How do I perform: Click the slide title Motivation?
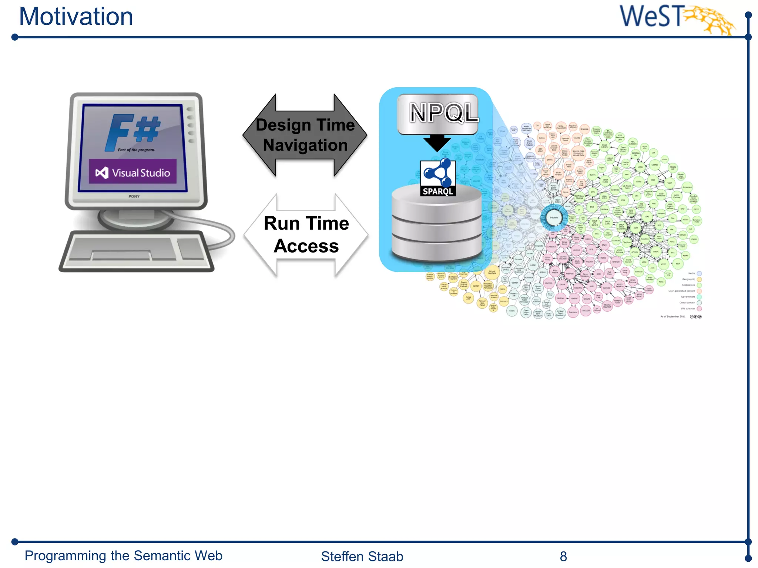tap(76, 17)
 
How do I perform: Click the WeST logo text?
tap(651, 17)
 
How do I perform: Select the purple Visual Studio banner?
tap(133, 172)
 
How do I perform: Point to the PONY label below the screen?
tap(134, 196)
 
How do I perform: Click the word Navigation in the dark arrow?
tap(305, 145)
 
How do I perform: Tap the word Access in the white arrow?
tap(306, 246)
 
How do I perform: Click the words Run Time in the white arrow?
tap(306, 224)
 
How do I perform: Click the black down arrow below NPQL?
tap(437, 143)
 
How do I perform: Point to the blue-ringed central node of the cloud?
tap(554, 217)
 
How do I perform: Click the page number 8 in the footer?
tap(563, 556)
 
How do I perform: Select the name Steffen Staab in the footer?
tap(362, 556)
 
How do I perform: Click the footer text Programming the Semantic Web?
tap(123, 556)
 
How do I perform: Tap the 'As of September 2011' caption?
tap(673, 317)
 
